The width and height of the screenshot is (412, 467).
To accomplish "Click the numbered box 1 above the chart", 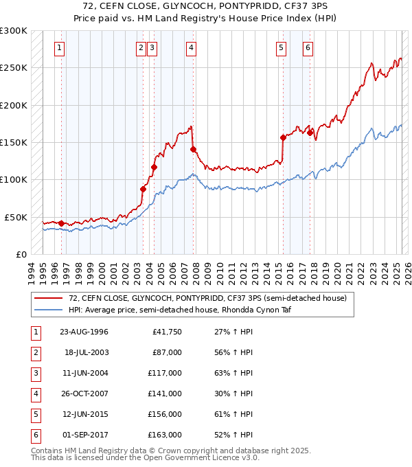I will pos(60,48).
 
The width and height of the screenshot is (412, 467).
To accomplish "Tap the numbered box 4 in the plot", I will pos(190,48).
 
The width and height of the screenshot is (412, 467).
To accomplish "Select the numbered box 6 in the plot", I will pos(307,48).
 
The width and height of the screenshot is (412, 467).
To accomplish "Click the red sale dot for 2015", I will pos(283,137).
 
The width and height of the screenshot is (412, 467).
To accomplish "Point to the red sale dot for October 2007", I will pos(193,149).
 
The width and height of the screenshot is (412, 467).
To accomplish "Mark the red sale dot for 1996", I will pos(61,223).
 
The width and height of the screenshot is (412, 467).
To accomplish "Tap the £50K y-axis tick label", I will pos(16,217).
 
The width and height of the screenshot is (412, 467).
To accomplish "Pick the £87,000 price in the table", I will pos(166,352).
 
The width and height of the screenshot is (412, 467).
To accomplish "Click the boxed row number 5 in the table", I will pos(35,414).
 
